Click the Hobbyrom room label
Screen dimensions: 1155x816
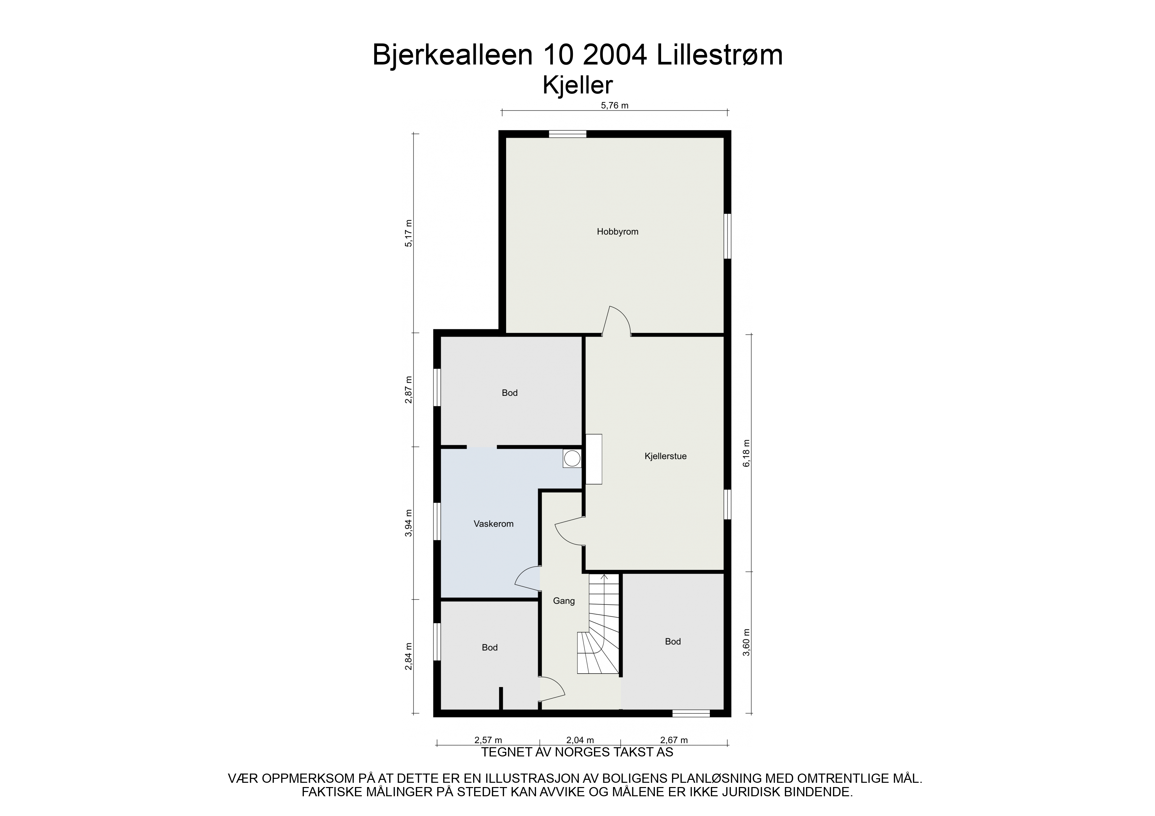pyautogui.click(x=617, y=232)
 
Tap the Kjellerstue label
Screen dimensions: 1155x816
pyautogui.click(x=665, y=456)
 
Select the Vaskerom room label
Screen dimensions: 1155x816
pyautogui.click(x=494, y=524)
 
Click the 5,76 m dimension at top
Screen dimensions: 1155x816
pyautogui.click(x=615, y=106)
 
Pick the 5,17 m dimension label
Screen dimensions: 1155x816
pyautogui.click(x=409, y=233)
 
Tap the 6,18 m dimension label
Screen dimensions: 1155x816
pyautogui.click(x=746, y=453)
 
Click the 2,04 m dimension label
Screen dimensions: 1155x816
pyautogui.click(x=580, y=740)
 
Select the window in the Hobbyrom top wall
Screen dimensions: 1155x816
pyautogui.click(x=567, y=134)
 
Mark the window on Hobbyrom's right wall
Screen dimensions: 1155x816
pyautogui.click(x=727, y=236)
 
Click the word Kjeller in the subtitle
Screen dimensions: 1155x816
pyautogui.click(x=577, y=86)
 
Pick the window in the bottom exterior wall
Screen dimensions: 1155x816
pyautogui.click(x=691, y=713)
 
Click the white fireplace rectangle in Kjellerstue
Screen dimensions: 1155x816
pyautogui.click(x=594, y=459)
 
